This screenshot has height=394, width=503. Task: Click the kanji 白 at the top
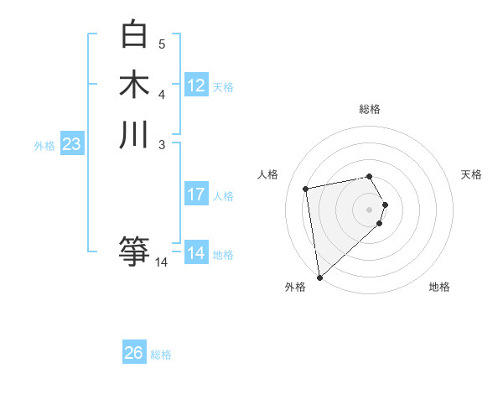134,35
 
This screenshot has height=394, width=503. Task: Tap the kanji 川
134,135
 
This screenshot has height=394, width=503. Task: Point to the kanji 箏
134,251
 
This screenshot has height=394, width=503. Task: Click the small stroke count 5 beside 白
162,44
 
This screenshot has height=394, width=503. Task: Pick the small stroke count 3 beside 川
162,144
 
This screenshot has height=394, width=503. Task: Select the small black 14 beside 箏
161,262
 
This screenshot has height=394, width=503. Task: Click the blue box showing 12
196,85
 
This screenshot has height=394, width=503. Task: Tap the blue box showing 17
196,194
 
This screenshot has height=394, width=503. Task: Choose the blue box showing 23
71,144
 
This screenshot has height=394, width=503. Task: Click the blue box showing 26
133,353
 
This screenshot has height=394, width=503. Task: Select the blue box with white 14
196,253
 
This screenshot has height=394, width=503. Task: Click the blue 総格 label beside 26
161,355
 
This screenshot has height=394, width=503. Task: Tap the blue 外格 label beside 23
44,146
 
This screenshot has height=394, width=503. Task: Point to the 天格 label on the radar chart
471,174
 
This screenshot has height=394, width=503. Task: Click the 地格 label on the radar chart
439,287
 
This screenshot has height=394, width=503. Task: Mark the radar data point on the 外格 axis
319,277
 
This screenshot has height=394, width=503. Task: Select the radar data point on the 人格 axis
306,188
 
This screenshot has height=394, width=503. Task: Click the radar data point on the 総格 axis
369,176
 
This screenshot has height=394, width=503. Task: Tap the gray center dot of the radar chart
369,209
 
